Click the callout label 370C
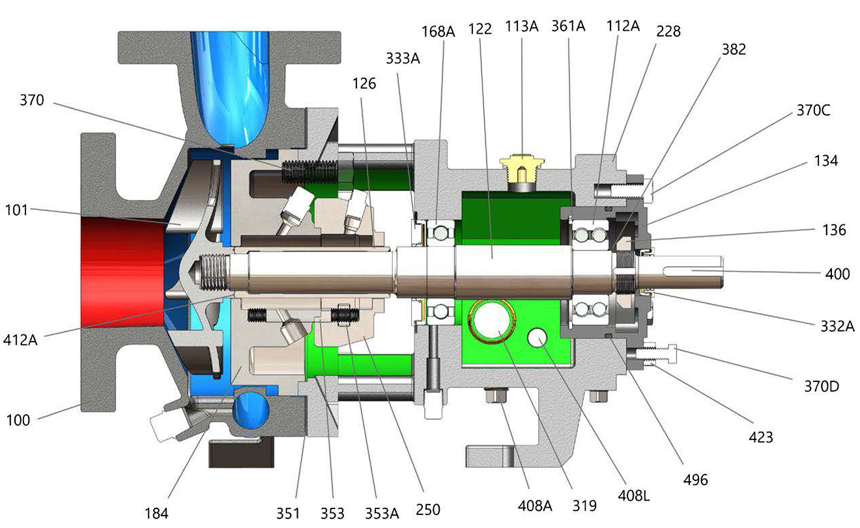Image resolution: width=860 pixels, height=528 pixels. (x=813, y=110)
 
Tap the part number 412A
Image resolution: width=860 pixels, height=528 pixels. (x=20, y=340)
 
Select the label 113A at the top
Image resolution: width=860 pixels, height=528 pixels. (x=521, y=26)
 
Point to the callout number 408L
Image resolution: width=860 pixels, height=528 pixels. (x=634, y=496)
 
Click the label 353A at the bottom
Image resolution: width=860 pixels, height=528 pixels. (x=382, y=514)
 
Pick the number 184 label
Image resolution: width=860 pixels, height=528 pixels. (x=156, y=514)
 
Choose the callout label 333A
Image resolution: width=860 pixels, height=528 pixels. (x=403, y=59)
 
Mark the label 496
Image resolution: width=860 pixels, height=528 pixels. (x=695, y=480)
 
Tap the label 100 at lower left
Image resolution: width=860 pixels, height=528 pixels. (x=18, y=420)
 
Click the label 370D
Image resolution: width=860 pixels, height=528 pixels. (x=822, y=386)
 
